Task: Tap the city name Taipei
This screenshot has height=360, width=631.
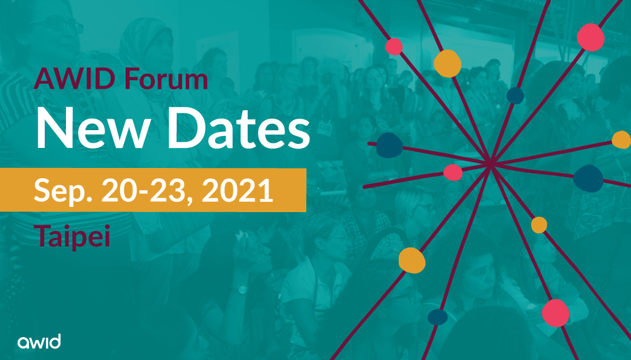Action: click(72, 236)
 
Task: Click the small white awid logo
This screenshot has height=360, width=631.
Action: click(39, 342)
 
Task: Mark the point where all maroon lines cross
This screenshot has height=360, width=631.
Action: click(491, 165)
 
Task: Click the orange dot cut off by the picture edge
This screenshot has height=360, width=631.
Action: click(622, 139)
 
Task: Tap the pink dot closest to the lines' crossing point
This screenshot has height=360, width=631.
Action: click(453, 172)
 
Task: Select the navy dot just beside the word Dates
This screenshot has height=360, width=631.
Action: click(388, 144)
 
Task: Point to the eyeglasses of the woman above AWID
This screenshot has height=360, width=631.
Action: click(63, 26)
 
